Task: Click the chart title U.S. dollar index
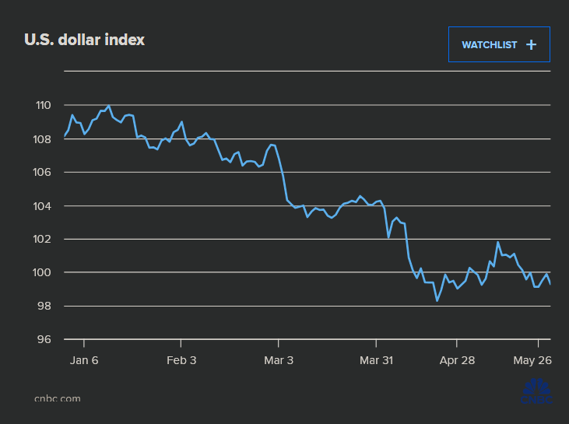pyautogui.click(x=84, y=40)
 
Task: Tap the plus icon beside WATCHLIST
pyautogui.click(x=531, y=44)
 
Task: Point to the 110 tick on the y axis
pyautogui.click(x=44, y=105)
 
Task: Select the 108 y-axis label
pyautogui.click(x=44, y=138)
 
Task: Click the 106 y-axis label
pyautogui.click(x=44, y=172)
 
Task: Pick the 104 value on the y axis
pyautogui.click(x=44, y=206)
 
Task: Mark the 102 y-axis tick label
pyautogui.click(x=44, y=240)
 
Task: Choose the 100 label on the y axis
pyautogui.click(x=44, y=273)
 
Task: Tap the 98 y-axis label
pyautogui.click(x=46, y=307)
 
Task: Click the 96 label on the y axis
pyautogui.click(x=46, y=340)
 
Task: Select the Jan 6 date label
pyautogui.click(x=83, y=360)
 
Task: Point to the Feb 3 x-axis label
pyautogui.click(x=181, y=360)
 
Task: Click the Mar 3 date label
pyautogui.click(x=279, y=360)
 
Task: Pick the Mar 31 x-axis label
pyautogui.click(x=376, y=360)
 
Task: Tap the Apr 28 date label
pyautogui.click(x=457, y=360)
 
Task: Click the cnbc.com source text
pyautogui.click(x=57, y=399)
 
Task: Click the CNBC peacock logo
pyautogui.click(x=536, y=391)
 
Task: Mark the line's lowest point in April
pyautogui.click(x=437, y=300)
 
